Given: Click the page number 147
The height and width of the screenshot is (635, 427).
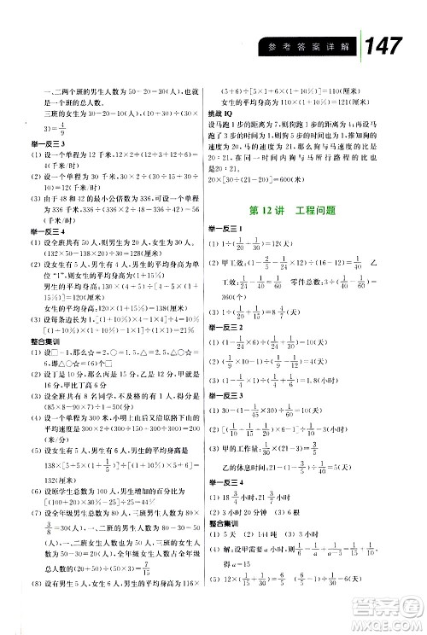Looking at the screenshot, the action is tap(382, 49).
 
